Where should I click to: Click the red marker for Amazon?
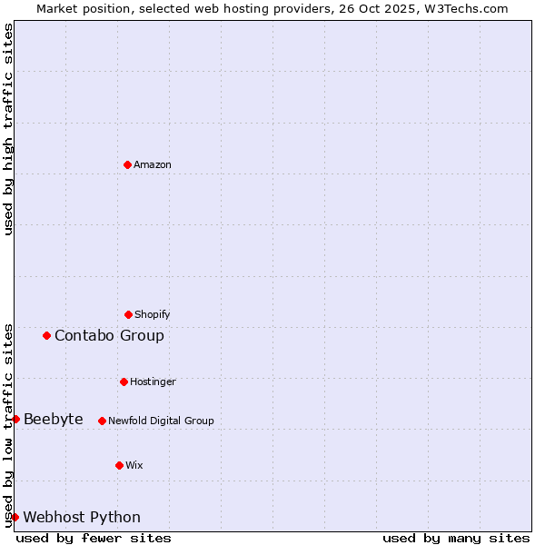[x=128, y=164]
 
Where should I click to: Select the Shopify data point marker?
[x=128, y=314]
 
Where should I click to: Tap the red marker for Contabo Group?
[x=46, y=335]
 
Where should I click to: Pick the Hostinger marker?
[x=124, y=381]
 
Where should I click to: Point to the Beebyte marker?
[x=15, y=419]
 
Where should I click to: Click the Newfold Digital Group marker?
[x=102, y=421]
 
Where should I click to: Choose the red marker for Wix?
[x=119, y=465]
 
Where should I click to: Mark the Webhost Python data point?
[x=15, y=517]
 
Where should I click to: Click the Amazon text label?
[x=153, y=164]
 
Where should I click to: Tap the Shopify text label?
[x=153, y=314]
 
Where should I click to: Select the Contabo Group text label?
[x=109, y=336]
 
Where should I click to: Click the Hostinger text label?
[x=153, y=381]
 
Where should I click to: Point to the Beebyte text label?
[x=54, y=419]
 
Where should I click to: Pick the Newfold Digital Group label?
[x=161, y=421]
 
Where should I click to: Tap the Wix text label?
[x=134, y=465]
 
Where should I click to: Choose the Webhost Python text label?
[x=82, y=518]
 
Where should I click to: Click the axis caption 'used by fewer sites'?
[x=94, y=538]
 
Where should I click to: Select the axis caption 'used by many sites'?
[x=456, y=538]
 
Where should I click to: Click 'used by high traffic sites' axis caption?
[x=8, y=129]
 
